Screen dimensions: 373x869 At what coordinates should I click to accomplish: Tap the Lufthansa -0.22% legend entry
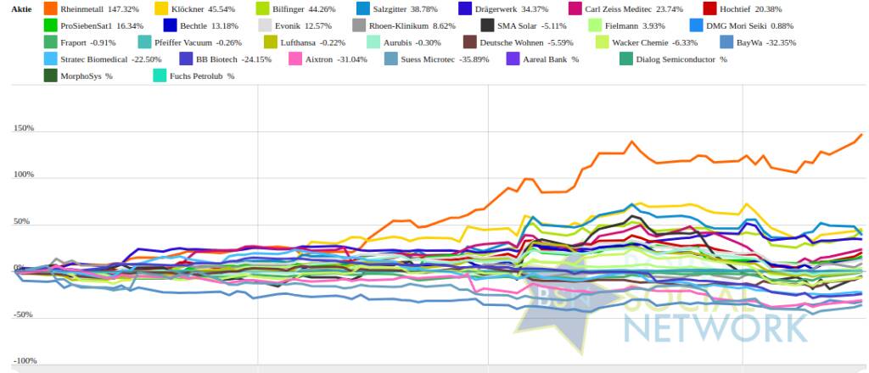click(312, 42)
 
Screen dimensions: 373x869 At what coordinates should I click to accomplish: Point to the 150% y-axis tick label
click(24, 129)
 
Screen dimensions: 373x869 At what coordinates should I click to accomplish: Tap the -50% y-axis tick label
click(24, 315)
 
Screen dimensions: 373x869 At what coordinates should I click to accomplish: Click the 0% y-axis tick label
click(18, 269)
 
